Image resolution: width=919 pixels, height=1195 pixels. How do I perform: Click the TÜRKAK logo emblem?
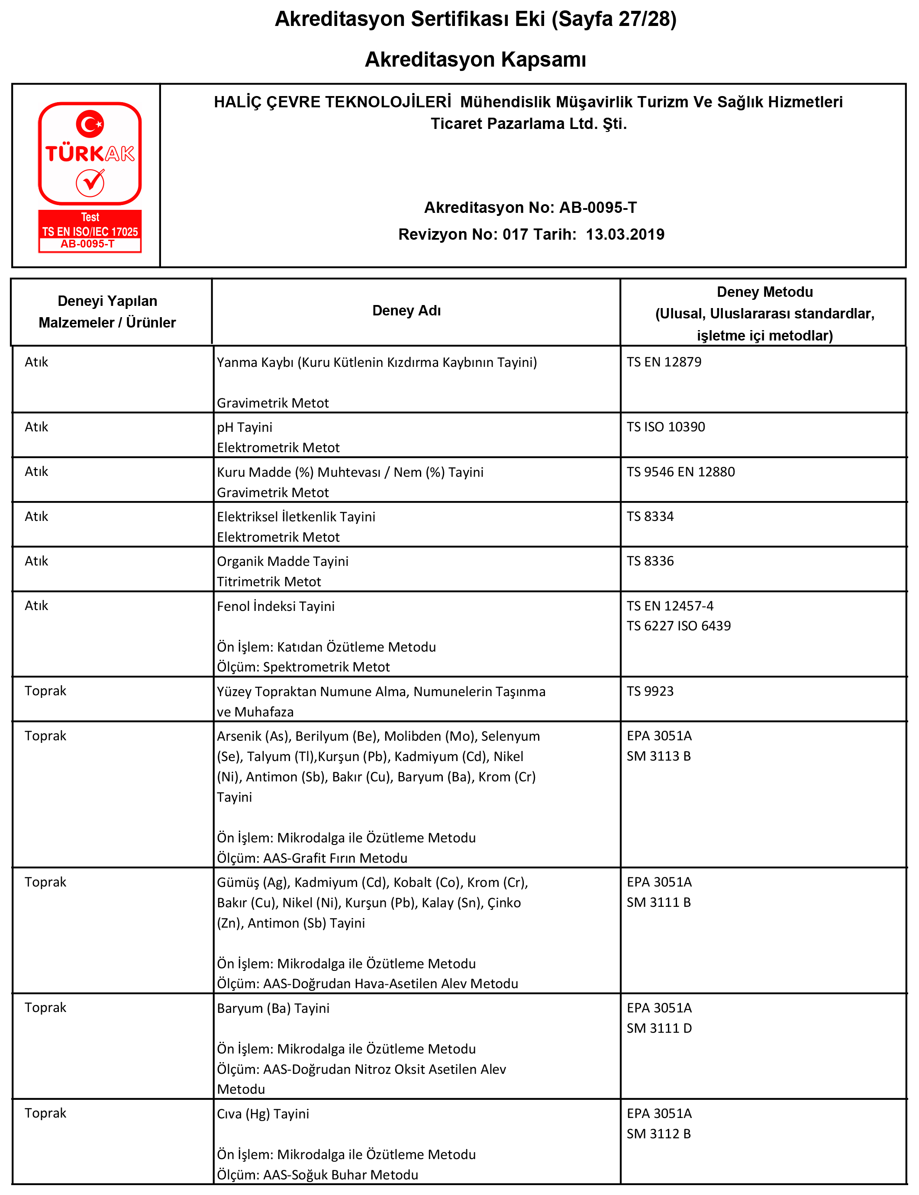(x=90, y=177)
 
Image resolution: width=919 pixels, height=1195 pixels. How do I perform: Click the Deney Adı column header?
(x=406, y=311)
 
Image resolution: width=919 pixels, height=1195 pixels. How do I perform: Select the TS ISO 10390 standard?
(x=665, y=427)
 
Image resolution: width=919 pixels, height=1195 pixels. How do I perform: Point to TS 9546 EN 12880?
(x=680, y=471)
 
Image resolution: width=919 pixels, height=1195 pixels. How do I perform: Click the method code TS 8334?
(x=650, y=516)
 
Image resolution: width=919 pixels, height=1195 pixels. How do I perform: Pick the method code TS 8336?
(x=650, y=561)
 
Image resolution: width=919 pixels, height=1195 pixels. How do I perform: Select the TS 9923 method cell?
(x=650, y=691)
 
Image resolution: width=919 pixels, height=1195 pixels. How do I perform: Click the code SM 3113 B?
(x=658, y=755)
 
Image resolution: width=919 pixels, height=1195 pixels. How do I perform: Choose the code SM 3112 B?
(x=658, y=1133)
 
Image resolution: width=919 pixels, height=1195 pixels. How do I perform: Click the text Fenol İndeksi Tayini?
(x=276, y=606)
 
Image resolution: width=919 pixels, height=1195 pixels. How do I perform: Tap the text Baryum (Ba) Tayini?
(x=273, y=1008)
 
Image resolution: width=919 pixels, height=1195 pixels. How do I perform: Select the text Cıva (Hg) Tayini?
(x=263, y=1113)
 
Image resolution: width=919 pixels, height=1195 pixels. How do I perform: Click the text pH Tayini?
(x=244, y=427)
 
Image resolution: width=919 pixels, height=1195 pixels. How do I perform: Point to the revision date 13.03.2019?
(x=625, y=234)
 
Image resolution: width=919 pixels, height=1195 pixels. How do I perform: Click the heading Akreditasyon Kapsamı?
(x=475, y=59)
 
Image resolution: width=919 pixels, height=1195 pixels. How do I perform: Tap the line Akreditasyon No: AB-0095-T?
(x=530, y=207)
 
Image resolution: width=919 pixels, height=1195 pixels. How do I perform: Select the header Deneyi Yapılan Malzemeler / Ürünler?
(x=107, y=312)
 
